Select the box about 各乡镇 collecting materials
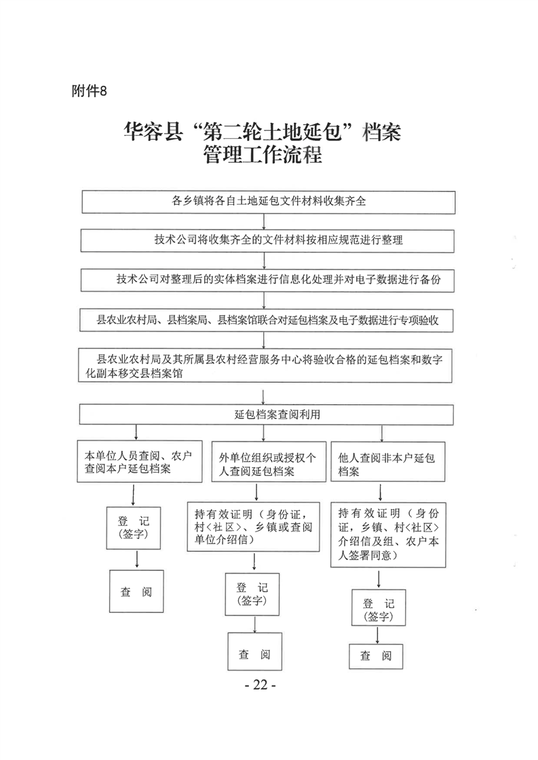[268, 201]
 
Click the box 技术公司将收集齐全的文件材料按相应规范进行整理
[268, 240]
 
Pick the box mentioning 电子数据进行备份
[268, 279]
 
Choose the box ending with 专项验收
[268, 319]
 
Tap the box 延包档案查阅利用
[268, 414]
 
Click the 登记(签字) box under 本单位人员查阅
[134, 527]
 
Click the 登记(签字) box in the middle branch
[252, 594]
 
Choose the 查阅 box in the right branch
[375, 656]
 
